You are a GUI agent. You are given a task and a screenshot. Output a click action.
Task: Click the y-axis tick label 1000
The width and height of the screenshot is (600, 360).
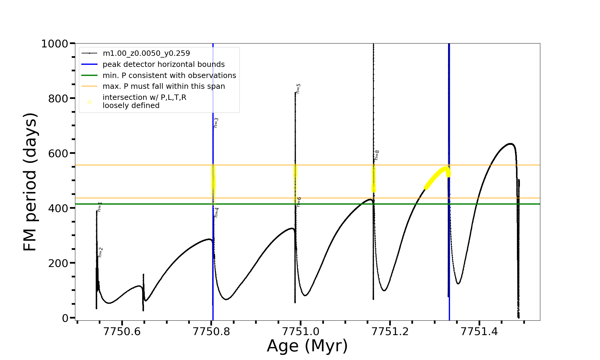pyautogui.click(x=55, y=44)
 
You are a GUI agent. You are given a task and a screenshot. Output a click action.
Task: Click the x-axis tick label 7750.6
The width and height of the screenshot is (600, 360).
pyautogui.click(x=122, y=331)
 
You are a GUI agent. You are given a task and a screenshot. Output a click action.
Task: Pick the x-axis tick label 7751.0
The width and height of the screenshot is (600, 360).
pyautogui.click(x=301, y=331)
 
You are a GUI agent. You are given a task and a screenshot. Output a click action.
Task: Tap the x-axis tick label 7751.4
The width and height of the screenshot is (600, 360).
pyautogui.click(x=479, y=331)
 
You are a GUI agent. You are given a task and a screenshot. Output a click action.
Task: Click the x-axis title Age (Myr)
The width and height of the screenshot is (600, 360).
pyautogui.click(x=307, y=346)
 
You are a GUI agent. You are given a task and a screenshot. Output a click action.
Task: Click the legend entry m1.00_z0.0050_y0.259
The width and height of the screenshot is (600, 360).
pyautogui.click(x=146, y=53)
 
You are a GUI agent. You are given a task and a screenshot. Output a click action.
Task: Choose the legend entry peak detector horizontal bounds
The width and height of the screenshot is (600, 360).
pyautogui.click(x=163, y=64)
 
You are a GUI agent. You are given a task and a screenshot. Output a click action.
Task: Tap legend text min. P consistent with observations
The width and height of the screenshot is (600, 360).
pyautogui.click(x=169, y=75)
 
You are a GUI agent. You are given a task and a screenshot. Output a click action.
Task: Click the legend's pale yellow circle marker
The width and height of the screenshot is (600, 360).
pyautogui.click(x=89, y=102)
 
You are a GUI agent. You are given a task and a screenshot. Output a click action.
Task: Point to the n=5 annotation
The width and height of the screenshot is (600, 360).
pyautogui.click(x=298, y=88)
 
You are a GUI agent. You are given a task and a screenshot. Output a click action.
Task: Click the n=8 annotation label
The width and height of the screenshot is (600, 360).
pyautogui.click(x=377, y=155)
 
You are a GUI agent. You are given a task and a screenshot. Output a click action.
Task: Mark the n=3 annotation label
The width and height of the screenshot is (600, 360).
pyautogui.click(x=216, y=123)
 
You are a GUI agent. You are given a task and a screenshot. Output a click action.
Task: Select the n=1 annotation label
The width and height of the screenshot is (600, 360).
pyautogui.click(x=100, y=207)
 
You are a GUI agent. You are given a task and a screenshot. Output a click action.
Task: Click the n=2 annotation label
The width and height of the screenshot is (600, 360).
pyautogui.click(x=100, y=252)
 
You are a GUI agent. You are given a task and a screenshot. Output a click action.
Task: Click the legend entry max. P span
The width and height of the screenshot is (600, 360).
pyautogui.click(x=163, y=86)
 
